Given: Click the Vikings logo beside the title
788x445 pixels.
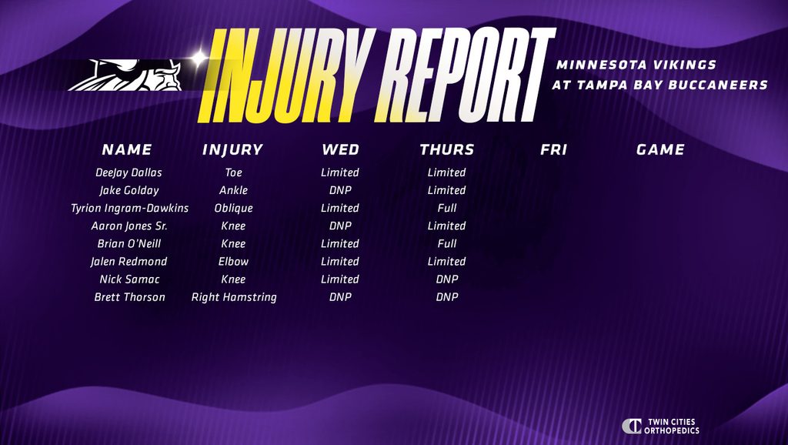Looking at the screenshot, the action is click(x=125, y=75).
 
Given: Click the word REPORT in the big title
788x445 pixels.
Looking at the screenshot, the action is click(x=465, y=75).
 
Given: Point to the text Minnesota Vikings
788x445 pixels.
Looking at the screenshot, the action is click(x=636, y=65).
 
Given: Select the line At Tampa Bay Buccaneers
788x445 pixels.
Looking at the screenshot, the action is click(x=659, y=85).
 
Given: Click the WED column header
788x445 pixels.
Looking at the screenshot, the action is click(x=340, y=149).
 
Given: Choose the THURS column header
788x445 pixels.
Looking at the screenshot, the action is click(x=447, y=149).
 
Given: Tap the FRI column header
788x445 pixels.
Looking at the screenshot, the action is click(x=553, y=149).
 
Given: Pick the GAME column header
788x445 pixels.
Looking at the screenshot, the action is click(x=660, y=149).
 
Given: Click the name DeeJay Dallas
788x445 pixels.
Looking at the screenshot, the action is click(x=129, y=172).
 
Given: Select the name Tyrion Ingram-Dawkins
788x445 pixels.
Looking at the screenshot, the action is click(x=129, y=208).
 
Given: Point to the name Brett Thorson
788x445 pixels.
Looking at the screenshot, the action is click(x=129, y=297).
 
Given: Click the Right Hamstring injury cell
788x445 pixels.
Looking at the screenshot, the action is click(x=234, y=297).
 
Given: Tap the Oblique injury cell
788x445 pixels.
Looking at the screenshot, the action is click(x=234, y=208).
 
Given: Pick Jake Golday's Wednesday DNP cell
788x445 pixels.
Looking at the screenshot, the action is click(x=340, y=191).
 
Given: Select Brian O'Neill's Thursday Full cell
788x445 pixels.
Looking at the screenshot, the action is click(x=447, y=244).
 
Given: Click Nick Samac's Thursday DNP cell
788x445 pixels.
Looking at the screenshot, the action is click(x=447, y=279).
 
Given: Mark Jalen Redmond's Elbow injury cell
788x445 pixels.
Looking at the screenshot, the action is click(x=234, y=262).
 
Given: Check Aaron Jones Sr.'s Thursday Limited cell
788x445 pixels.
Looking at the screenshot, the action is click(x=447, y=226).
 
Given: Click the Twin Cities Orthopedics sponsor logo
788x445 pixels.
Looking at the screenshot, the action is click(x=660, y=426).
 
